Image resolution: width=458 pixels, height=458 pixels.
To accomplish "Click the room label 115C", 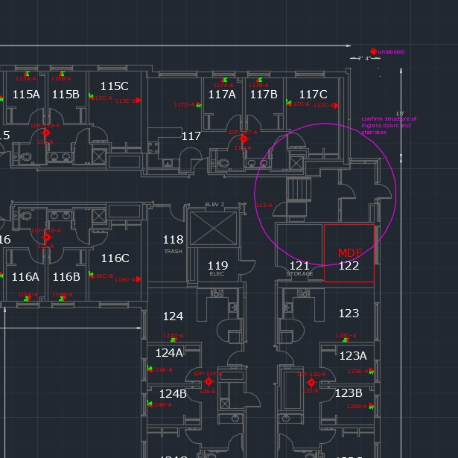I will click(114, 86).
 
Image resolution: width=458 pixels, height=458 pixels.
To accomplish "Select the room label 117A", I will click(222, 95).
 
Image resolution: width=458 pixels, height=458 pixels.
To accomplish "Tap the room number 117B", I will click(264, 95).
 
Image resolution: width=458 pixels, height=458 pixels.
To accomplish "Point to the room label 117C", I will click(313, 95).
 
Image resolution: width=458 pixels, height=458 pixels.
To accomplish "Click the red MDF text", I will click(349, 253).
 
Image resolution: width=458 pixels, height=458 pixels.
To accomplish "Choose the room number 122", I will click(349, 266).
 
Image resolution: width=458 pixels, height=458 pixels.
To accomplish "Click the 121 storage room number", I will click(299, 266).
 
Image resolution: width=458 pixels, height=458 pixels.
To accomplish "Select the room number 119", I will click(217, 266).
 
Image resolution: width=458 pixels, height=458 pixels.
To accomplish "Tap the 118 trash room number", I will click(173, 240).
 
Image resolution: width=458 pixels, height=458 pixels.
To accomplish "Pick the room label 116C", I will click(115, 258).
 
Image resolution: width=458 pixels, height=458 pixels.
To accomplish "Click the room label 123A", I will click(353, 356).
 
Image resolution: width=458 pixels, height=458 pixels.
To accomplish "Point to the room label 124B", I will click(173, 394).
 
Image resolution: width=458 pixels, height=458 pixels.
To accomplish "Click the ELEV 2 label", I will click(214, 205).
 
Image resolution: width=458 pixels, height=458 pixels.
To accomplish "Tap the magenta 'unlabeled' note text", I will click(391, 52).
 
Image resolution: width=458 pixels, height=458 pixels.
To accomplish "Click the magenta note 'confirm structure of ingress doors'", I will click(389, 125).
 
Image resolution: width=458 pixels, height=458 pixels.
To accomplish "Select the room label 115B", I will click(66, 95).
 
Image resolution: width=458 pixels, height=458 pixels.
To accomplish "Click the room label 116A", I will click(25, 277).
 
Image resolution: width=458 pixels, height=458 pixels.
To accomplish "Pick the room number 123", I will click(349, 314).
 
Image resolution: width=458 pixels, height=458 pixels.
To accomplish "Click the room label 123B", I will click(349, 393).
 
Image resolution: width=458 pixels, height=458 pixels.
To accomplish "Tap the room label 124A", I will click(169, 353).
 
